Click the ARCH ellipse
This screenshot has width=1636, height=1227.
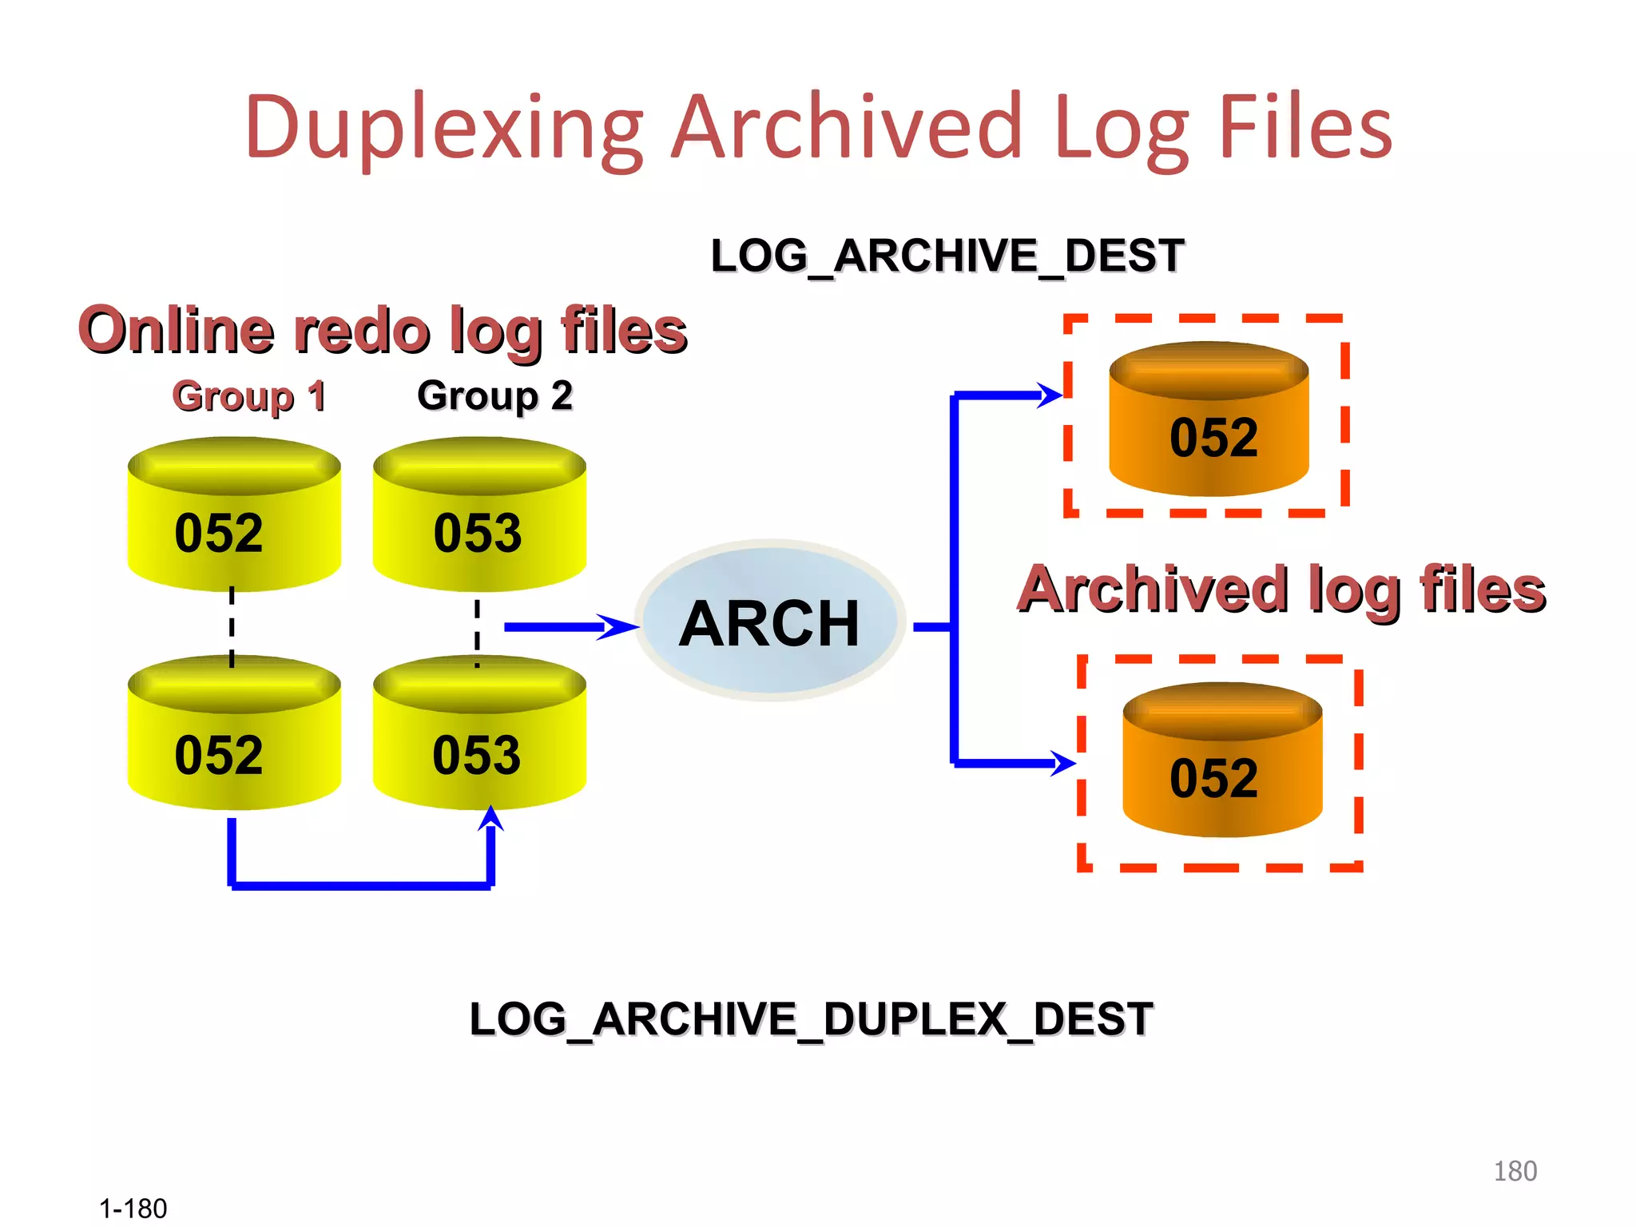click(770, 621)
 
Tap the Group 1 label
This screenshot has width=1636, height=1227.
click(249, 396)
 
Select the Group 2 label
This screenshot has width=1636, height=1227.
click(494, 395)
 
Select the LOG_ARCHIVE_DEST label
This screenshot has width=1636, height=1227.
click(947, 256)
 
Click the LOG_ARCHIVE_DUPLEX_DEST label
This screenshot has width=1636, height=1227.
click(811, 1019)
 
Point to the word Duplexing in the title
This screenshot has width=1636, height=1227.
click(444, 128)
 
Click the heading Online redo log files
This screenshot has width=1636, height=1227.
click(382, 331)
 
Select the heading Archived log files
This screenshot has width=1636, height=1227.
click(1281, 590)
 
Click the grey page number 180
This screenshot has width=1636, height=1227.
click(1515, 1171)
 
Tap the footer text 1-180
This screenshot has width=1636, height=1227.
click(133, 1209)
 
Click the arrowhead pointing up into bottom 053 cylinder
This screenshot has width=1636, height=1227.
click(490, 819)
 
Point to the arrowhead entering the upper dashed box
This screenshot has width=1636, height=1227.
click(1050, 395)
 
